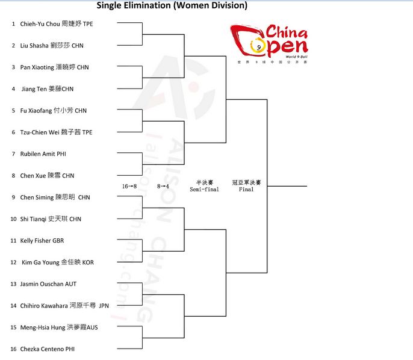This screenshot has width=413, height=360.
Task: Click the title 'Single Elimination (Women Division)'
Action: pos(172,6)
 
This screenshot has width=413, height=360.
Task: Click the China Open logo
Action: pos(269,43)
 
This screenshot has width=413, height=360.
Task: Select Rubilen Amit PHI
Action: pos(43,154)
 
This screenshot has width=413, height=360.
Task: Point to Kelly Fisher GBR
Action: pos(42,241)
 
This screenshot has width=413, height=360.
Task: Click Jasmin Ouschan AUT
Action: pos(48,284)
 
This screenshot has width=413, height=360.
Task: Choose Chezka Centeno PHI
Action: pos(48,349)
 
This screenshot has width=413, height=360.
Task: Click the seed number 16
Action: pos(13,349)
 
